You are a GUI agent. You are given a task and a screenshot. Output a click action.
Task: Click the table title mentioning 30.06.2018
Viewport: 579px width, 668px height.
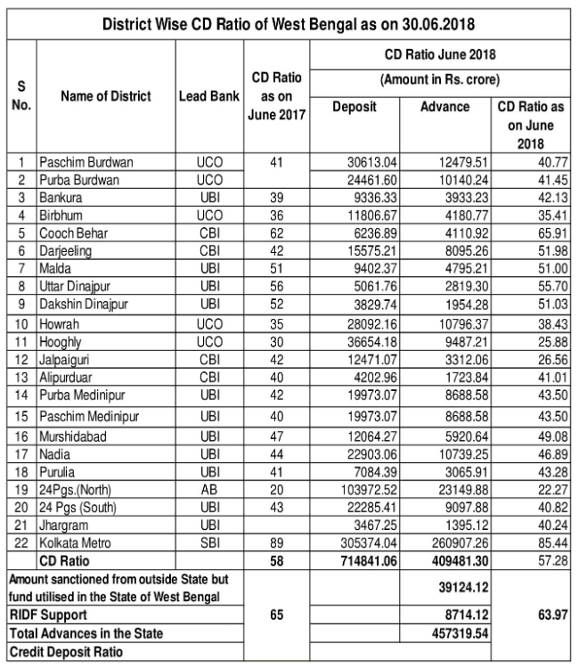pos(289,20)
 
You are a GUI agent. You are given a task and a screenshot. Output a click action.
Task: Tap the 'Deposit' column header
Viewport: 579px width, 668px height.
pos(355,107)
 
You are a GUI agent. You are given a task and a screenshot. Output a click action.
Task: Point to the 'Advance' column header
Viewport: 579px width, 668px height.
pos(445,107)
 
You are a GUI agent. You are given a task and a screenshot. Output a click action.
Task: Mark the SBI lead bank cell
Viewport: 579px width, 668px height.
pos(208,544)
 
